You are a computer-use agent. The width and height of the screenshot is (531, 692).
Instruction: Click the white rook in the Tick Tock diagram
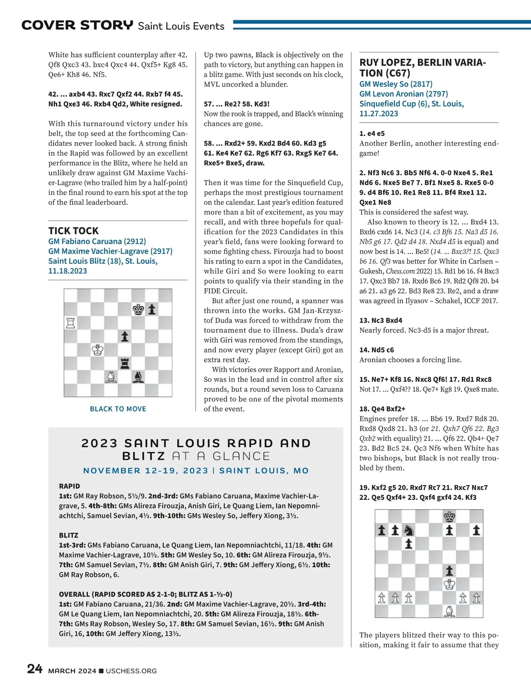[x=70, y=323]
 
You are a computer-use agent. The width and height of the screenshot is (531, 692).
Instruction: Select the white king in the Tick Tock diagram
[x=98, y=350]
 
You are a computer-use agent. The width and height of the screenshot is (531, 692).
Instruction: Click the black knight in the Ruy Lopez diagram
[x=409, y=530]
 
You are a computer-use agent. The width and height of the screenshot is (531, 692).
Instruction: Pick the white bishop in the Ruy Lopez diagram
[x=450, y=611]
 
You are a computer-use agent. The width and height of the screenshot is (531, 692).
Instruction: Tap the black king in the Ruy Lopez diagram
[x=450, y=516]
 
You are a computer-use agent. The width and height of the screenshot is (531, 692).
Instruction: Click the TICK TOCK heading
[x=73, y=231]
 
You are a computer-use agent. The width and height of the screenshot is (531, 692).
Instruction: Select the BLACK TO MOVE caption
[x=118, y=409]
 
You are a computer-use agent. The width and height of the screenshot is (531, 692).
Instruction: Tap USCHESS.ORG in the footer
[x=131, y=671]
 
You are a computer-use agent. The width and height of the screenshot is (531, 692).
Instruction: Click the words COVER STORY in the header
[x=77, y=25]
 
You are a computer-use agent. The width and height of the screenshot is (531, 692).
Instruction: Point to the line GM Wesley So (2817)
[x=396, y=84]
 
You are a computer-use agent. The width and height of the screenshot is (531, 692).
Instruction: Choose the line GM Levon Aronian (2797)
[x=404, y=94]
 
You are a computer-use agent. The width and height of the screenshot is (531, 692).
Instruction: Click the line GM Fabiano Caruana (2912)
[x=97, y=241]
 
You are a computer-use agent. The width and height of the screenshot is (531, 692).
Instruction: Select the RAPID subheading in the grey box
[x=69, y=486]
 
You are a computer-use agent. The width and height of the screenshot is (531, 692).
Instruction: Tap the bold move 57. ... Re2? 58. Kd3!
[x=237, y=104]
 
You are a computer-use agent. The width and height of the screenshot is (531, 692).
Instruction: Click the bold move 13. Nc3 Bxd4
[x=381, y=320]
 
